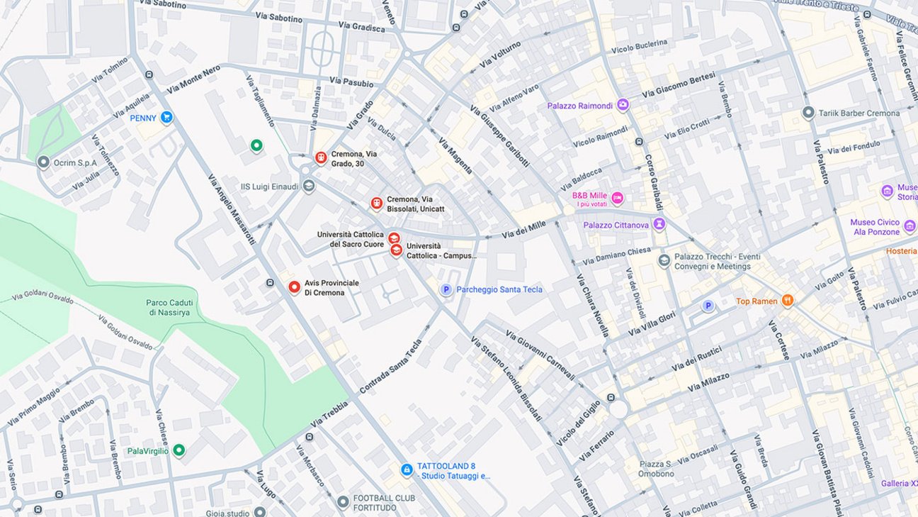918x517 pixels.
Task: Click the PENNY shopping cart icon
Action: pos(166,117)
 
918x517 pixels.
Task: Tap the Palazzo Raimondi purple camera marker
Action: pos(623,106)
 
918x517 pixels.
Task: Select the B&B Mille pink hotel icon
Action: pos(617,198)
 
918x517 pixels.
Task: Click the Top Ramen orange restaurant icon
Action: pos(787,301)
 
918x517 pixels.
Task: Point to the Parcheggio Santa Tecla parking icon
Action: pos(446,289)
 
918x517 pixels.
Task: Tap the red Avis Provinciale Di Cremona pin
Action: pos(294,287)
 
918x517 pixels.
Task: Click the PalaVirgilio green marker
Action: pos(179,450)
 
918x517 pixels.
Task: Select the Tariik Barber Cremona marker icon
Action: pos(808,113)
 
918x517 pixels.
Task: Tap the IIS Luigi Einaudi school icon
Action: pos(308,187)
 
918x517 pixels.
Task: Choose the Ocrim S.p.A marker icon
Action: pos(43,162)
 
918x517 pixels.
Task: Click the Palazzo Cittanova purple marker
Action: pos(659,225)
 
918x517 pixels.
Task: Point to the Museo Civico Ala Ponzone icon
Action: pos(909,227)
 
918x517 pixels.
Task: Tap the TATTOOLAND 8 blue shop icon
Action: pos(407,469)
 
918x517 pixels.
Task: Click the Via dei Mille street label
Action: pos(523,230)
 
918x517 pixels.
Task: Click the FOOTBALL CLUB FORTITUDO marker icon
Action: pos(343,502)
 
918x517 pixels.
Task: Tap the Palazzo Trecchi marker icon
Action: pos(664,261)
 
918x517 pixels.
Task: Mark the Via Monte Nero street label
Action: pos(193,79)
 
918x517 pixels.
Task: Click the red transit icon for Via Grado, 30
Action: pos(321,157)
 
